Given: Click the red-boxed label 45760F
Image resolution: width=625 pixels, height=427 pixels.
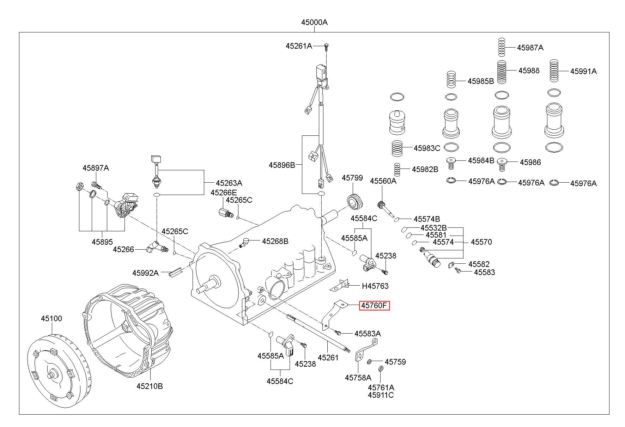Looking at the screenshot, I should point(374,306).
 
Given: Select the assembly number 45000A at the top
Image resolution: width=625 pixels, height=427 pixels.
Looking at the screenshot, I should point(314,23).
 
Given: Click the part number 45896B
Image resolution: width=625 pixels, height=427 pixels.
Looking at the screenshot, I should point(281,165).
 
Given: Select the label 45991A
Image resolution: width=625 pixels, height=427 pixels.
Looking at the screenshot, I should point(583,71).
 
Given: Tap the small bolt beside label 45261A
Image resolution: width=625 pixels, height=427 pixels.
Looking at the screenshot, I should point(326,46).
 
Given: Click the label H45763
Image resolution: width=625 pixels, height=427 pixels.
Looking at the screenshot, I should point(375,286).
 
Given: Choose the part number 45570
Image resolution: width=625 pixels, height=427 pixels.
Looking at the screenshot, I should point(481,242).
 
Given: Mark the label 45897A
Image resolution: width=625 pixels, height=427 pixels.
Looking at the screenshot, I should point(96,168).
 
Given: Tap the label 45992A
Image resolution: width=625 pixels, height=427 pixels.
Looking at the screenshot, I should point(145,273).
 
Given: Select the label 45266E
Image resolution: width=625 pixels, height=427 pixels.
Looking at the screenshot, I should point(224,193).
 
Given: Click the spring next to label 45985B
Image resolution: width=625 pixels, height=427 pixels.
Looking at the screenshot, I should point(451,80).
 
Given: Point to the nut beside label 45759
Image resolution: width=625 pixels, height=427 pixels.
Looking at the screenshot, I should point(370,361).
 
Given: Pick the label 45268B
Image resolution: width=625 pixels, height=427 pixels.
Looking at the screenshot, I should point(275,241).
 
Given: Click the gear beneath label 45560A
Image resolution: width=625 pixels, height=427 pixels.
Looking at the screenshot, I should point(381,205).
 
